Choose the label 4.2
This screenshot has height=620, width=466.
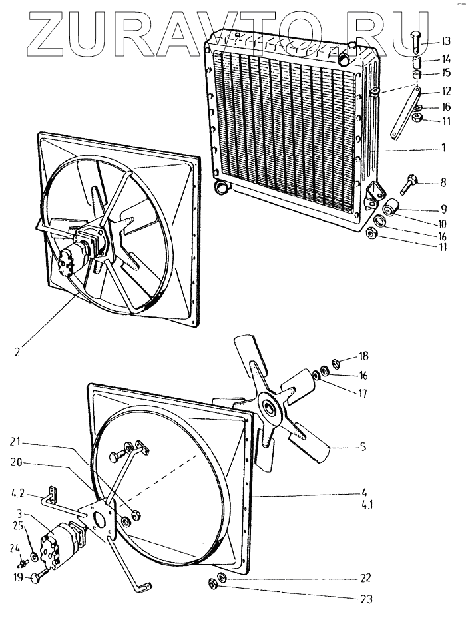18,495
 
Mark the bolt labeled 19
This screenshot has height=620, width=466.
35,577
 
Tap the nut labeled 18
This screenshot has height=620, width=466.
335,363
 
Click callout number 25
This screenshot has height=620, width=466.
18,526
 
